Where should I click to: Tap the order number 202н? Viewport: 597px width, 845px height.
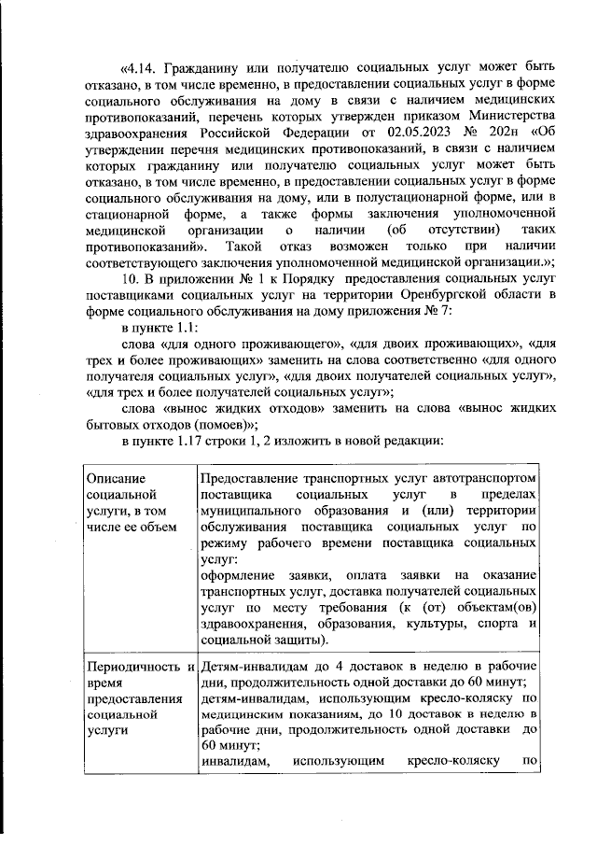click(x=498, y=131)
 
